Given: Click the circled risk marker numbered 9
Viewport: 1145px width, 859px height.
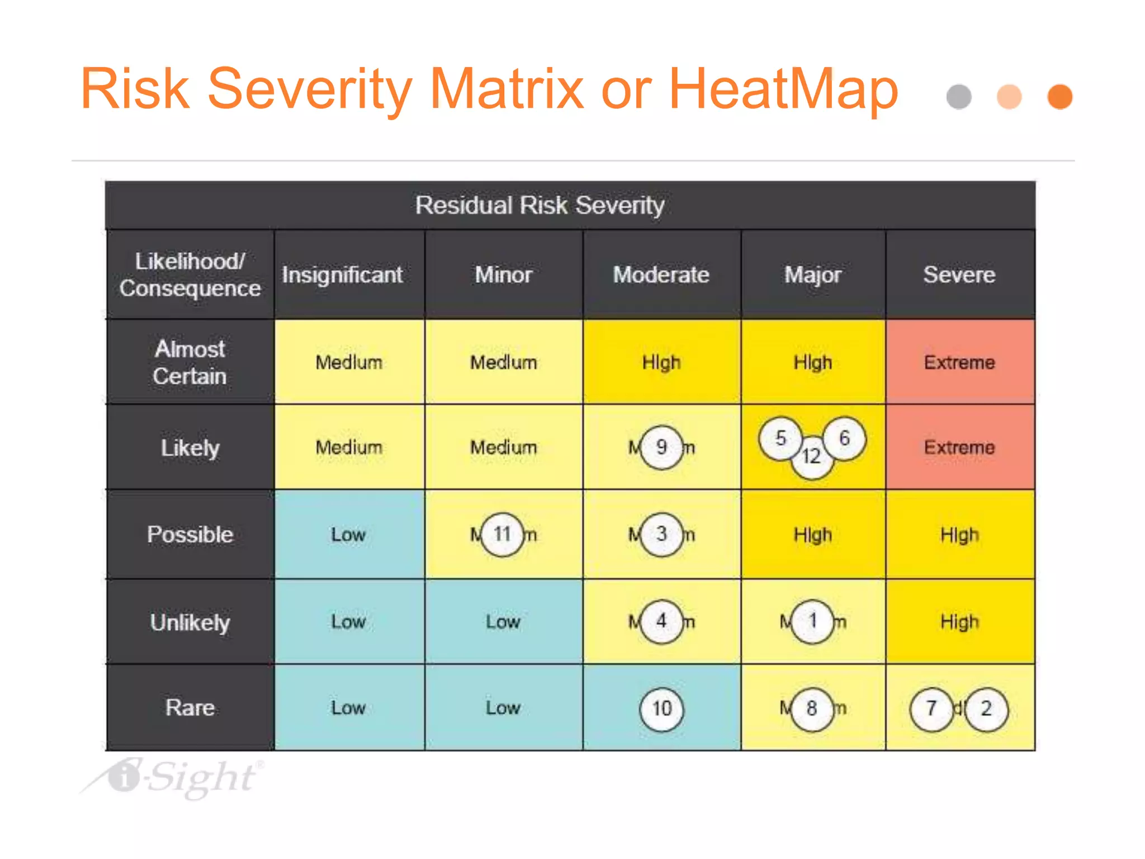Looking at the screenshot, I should pos(661,447).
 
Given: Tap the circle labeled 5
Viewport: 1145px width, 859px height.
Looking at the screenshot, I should pos(780,438).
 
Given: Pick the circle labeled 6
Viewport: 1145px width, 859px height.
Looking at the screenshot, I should pos(844,438).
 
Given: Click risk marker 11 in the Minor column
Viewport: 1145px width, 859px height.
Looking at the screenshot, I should pos(502,534).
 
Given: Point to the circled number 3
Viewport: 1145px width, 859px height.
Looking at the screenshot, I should pos(661,534).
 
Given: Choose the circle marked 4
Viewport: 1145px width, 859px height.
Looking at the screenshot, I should pos(661,621).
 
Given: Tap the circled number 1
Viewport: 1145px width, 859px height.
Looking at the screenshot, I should pos(812,621).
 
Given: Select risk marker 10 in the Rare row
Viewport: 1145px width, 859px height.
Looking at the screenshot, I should pos(661,709).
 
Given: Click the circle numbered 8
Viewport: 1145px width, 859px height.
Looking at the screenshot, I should pos(812,709).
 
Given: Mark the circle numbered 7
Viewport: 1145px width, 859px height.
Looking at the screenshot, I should pos(931,709).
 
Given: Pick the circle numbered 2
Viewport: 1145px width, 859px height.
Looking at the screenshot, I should pos(986,709).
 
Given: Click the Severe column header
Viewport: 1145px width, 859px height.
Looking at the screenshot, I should pos(959,275).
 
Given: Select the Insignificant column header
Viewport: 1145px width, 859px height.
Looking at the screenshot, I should pos(342,275).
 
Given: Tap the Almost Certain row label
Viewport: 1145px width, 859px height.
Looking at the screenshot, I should pos(190,362).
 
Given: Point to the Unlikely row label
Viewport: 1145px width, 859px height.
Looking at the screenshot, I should pos(190,622).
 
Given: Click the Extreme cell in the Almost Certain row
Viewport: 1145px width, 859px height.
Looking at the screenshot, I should pos(959,362).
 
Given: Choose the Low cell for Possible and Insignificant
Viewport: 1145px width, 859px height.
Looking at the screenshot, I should pos(348,534).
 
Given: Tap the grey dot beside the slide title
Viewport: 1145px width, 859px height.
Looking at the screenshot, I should pos(959,97).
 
